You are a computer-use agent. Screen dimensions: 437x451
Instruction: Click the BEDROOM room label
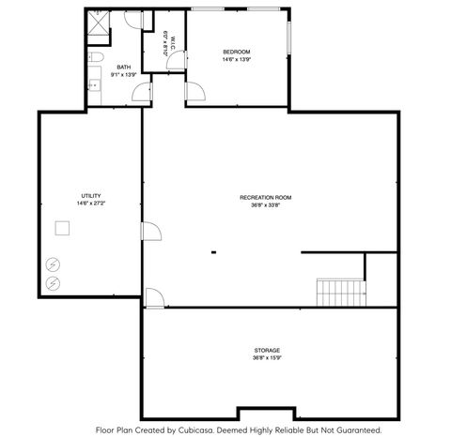click(236, 51)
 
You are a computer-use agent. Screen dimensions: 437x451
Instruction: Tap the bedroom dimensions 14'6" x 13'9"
click(236, 59)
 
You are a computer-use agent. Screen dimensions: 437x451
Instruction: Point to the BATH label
click(124, 68)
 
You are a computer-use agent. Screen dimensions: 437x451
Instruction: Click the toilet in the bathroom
click(99, 59)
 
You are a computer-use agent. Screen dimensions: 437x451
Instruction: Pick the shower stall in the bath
click(98, 25)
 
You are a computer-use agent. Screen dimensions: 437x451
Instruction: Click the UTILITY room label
click(90, 195)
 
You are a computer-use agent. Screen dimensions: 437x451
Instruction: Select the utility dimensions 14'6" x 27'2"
click(90, 203)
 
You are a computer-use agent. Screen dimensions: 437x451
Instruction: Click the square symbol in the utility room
click(62, 228)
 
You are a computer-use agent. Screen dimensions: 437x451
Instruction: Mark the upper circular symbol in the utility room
click(54, 264)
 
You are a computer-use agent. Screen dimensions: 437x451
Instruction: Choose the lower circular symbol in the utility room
click(54, 281)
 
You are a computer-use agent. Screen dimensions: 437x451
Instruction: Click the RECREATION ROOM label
click(265, 197)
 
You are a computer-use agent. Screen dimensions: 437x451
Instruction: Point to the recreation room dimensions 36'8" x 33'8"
click(265, 205)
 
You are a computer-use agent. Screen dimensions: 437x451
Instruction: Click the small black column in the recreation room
click(213, 251)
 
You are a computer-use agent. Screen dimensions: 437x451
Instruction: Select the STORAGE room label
click(266, 350)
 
